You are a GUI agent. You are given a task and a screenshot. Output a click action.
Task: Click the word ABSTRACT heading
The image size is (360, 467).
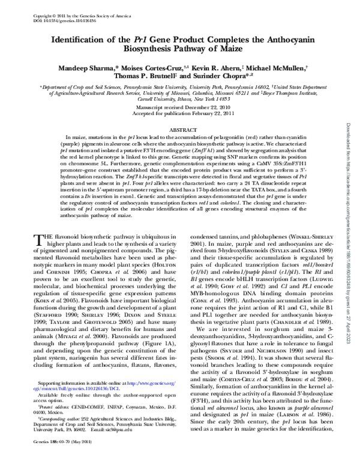pos(179,129)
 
